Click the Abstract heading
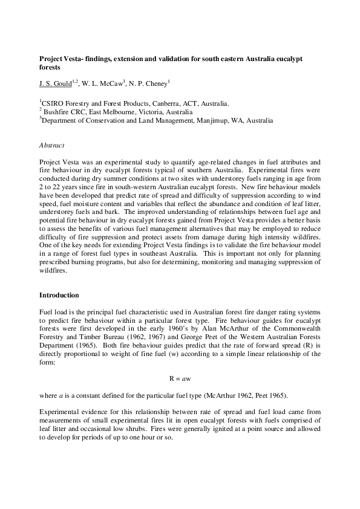click(52, 145)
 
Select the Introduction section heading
click(59, 296)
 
